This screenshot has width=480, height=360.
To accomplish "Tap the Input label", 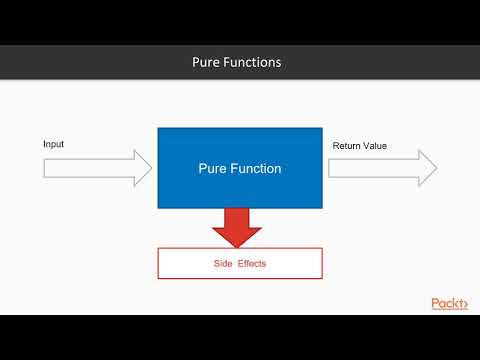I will (54, 145).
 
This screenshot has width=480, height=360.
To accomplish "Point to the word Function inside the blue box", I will (258, 169).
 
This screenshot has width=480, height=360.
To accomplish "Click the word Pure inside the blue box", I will (215, 169).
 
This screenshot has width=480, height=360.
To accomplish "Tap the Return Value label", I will (359, 146).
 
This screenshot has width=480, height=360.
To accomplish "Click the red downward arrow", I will (237, 224).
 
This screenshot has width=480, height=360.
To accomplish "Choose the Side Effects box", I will (240, 263).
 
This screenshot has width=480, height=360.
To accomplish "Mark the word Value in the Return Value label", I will (374, 146).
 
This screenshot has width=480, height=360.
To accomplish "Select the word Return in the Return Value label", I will (346, 146).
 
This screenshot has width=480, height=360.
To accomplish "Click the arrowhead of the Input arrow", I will (145, 168).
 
